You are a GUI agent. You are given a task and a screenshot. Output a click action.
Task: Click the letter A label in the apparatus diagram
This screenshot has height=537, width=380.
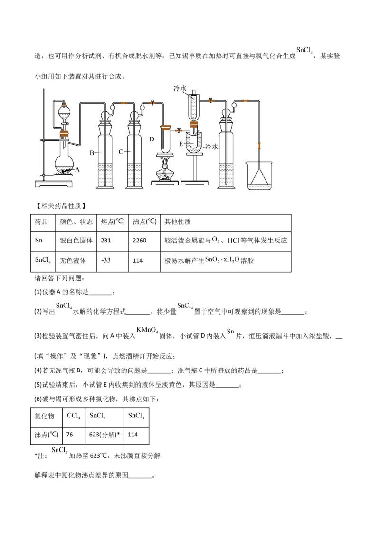tap(77, 169)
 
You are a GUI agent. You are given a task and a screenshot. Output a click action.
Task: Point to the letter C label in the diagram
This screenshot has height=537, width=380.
tap(121, 151)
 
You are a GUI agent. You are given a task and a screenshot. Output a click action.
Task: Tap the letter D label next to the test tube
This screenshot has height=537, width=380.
tap(152, 139)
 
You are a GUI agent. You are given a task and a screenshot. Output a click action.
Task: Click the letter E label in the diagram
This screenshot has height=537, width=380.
tap(181, 143)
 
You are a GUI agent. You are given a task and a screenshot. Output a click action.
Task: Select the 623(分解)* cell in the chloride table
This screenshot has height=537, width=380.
tap(105, 435)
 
